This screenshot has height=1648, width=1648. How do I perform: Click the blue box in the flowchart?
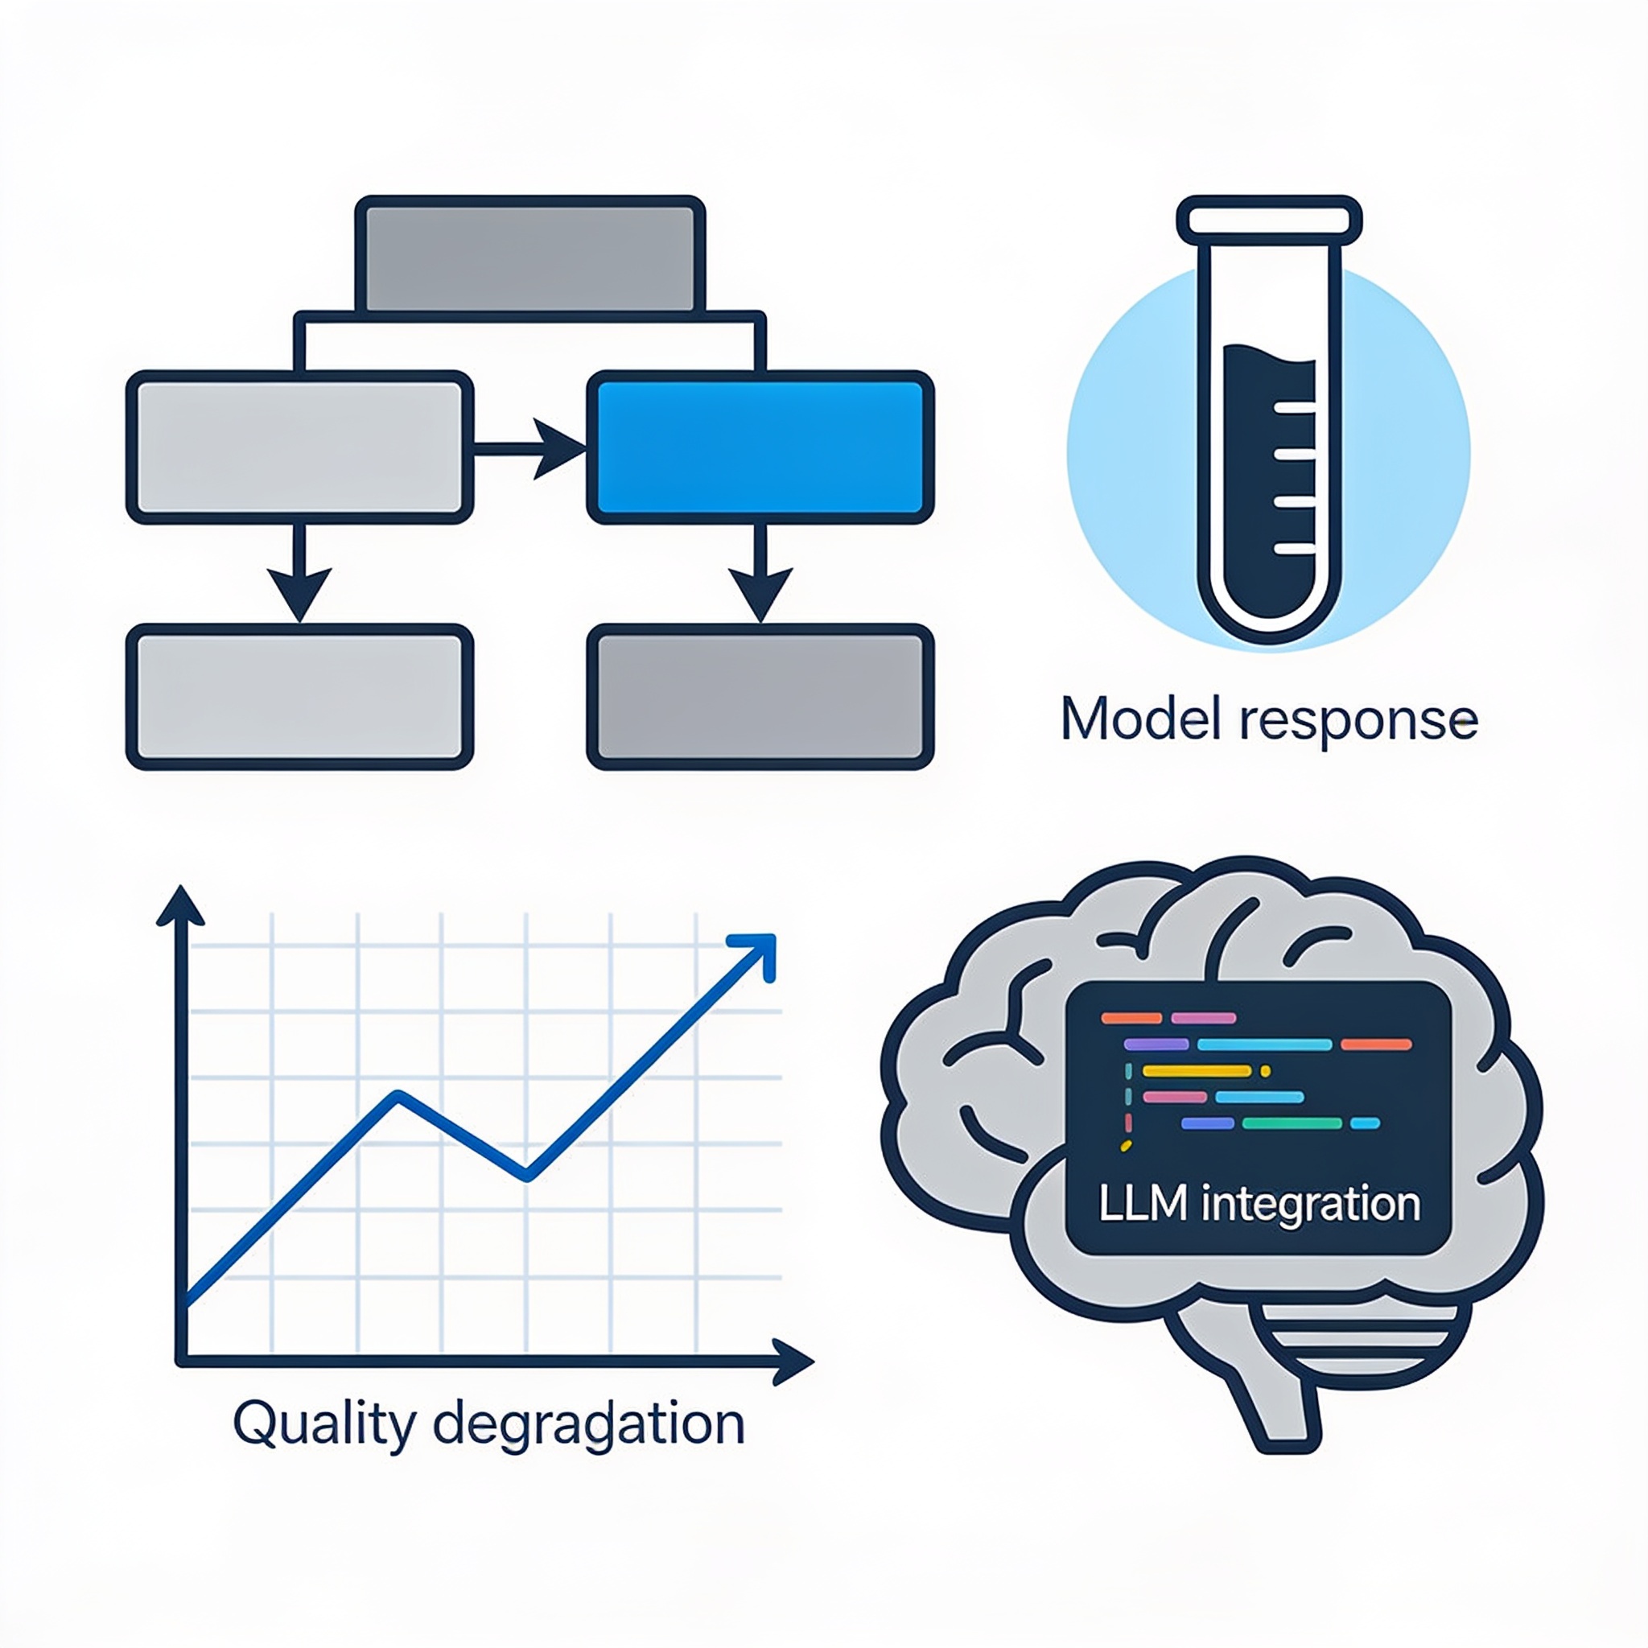[x=760, y=447]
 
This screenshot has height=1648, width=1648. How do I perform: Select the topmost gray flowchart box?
[x=529, y=256]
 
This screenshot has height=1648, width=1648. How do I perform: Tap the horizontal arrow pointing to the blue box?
[x=529, y=448]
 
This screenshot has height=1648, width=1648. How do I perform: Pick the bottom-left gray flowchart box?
[x=299, y=697]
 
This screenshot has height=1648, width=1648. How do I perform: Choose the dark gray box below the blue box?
[x=760, y=697]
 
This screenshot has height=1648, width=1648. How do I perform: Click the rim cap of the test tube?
[x=1269, y=219]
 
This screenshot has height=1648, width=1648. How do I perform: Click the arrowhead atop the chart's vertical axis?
[x=181, y=906]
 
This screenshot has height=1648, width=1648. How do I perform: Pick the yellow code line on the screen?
[x=1196, y=1071]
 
